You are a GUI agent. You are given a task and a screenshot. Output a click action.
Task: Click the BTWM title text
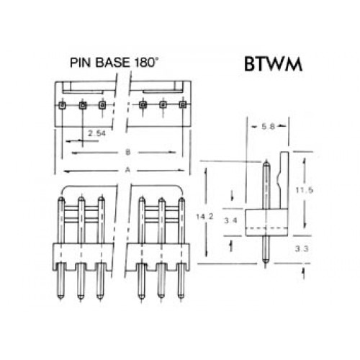tap(273, 64)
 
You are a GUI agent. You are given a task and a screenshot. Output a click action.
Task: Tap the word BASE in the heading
tap(112, 63)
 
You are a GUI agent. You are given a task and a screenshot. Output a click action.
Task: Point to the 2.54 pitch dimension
tap(96, 133)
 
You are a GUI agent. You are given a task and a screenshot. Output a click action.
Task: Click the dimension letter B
tap(128, 152)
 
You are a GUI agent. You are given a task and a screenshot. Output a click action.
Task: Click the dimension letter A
tap(127, 170)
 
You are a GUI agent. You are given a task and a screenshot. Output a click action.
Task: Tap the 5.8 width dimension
tap(268, 126)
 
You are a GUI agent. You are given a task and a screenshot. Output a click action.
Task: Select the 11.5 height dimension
tap(304, 190)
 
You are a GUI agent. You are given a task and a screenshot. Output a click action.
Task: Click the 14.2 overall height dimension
tap(204, 217)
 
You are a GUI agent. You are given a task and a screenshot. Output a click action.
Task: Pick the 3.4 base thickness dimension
tap(230, 220)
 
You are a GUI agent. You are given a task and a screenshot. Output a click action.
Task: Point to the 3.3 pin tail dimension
tap(302, 249)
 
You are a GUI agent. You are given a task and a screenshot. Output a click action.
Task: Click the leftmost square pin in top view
tap(62, 105)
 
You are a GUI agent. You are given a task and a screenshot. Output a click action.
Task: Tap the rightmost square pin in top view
tap(183, 104)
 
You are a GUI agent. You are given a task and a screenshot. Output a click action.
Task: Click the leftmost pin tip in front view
tap(61, 199)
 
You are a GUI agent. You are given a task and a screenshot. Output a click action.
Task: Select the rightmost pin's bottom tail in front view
tap(181, 282)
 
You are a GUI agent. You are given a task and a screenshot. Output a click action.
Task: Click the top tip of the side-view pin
tap(266, 163)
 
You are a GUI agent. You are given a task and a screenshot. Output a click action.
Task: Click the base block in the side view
tap(266, 222)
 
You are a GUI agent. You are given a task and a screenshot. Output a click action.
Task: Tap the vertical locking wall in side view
tap(284, 180)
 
